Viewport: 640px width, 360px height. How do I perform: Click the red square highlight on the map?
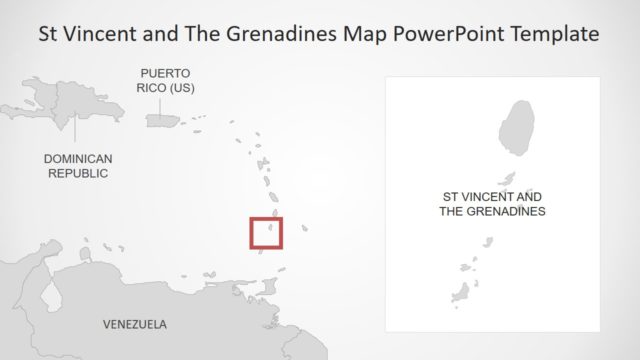click(266, 232)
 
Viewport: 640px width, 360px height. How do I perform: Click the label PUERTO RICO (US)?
click(165, 81)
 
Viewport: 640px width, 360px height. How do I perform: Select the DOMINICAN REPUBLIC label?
click(78, 166)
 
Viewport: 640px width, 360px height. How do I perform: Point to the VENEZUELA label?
click(135, 324)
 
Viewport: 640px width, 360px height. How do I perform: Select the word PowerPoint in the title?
click(443, 33)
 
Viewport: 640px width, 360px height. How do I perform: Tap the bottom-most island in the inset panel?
click(460, 292)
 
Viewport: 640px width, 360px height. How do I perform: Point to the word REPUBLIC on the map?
click(78, 173)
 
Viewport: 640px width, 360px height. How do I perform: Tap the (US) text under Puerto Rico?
click(181, 88)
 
